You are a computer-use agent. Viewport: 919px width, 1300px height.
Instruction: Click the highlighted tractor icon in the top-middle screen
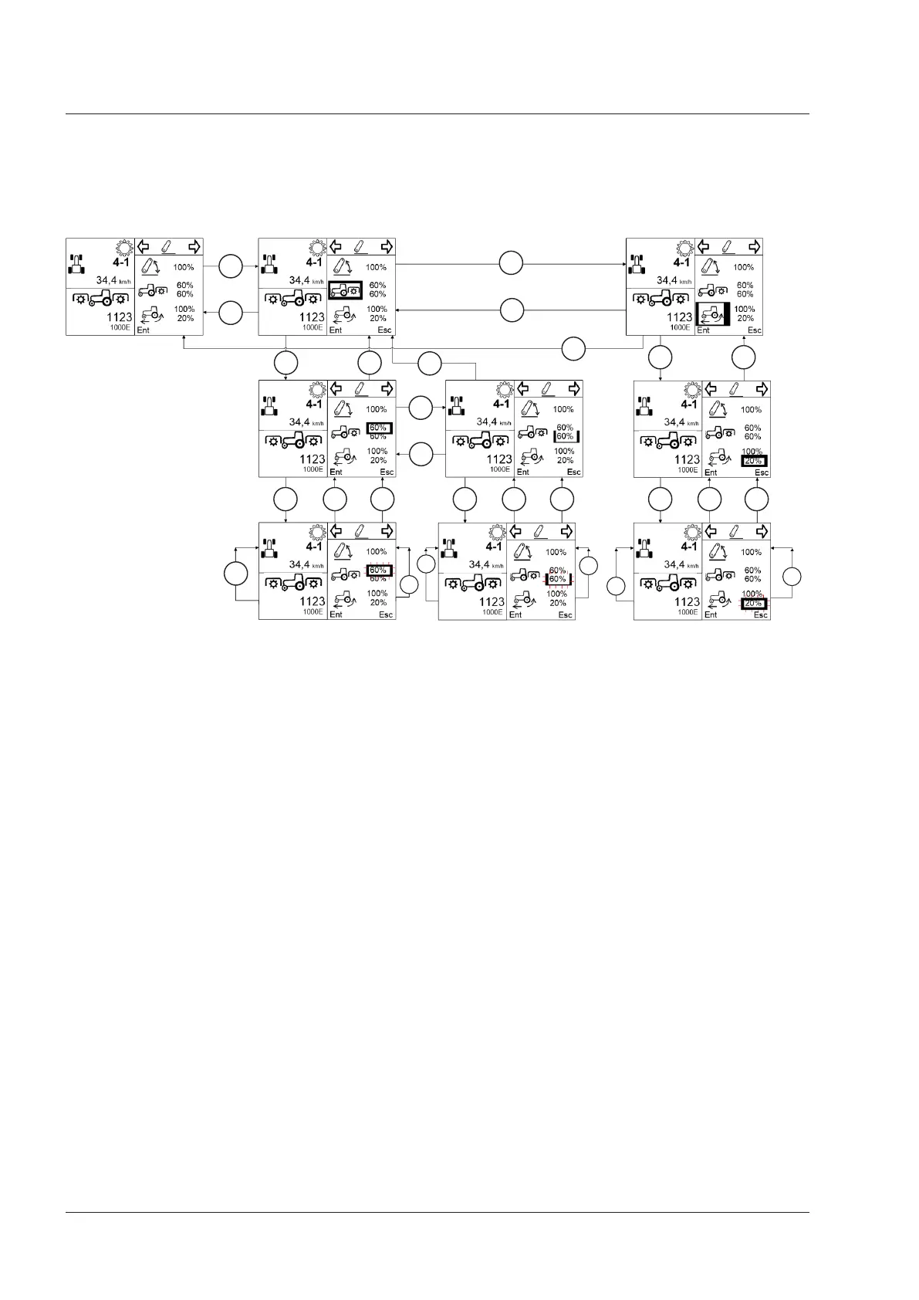point(345,290)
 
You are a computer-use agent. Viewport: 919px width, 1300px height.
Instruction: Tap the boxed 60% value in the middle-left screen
point(379,428)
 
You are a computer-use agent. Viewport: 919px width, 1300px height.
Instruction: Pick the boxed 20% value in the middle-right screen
point(753,461)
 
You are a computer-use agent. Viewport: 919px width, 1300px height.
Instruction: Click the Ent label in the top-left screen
point(143,330)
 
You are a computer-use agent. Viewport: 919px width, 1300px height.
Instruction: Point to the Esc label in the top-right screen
point(754,330)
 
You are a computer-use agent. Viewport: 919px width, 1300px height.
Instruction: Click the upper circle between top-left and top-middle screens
point(231,266)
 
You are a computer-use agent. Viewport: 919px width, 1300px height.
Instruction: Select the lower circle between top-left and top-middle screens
point(231,313)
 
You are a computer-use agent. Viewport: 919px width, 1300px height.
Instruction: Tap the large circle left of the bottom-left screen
point(235,575)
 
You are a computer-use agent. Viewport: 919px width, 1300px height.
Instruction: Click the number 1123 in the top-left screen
point(119,317)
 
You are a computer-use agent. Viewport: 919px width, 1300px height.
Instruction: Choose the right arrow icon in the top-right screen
point(754,247)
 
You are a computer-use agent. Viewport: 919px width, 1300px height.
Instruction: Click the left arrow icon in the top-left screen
point(144,247)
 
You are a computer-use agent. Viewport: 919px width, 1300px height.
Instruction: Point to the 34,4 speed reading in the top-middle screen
point(299,280)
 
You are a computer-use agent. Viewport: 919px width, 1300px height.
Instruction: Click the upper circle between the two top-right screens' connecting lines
point(511,263)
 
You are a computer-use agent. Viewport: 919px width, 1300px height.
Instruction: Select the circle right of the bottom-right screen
point(792,577)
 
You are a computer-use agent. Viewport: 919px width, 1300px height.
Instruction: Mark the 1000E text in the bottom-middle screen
point(492,612)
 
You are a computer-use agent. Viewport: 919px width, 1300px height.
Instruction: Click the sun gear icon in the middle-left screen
point(316,391)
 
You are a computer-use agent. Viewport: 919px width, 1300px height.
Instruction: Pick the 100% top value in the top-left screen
point(184,267)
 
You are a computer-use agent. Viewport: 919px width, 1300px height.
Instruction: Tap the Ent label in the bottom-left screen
point(336,614)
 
